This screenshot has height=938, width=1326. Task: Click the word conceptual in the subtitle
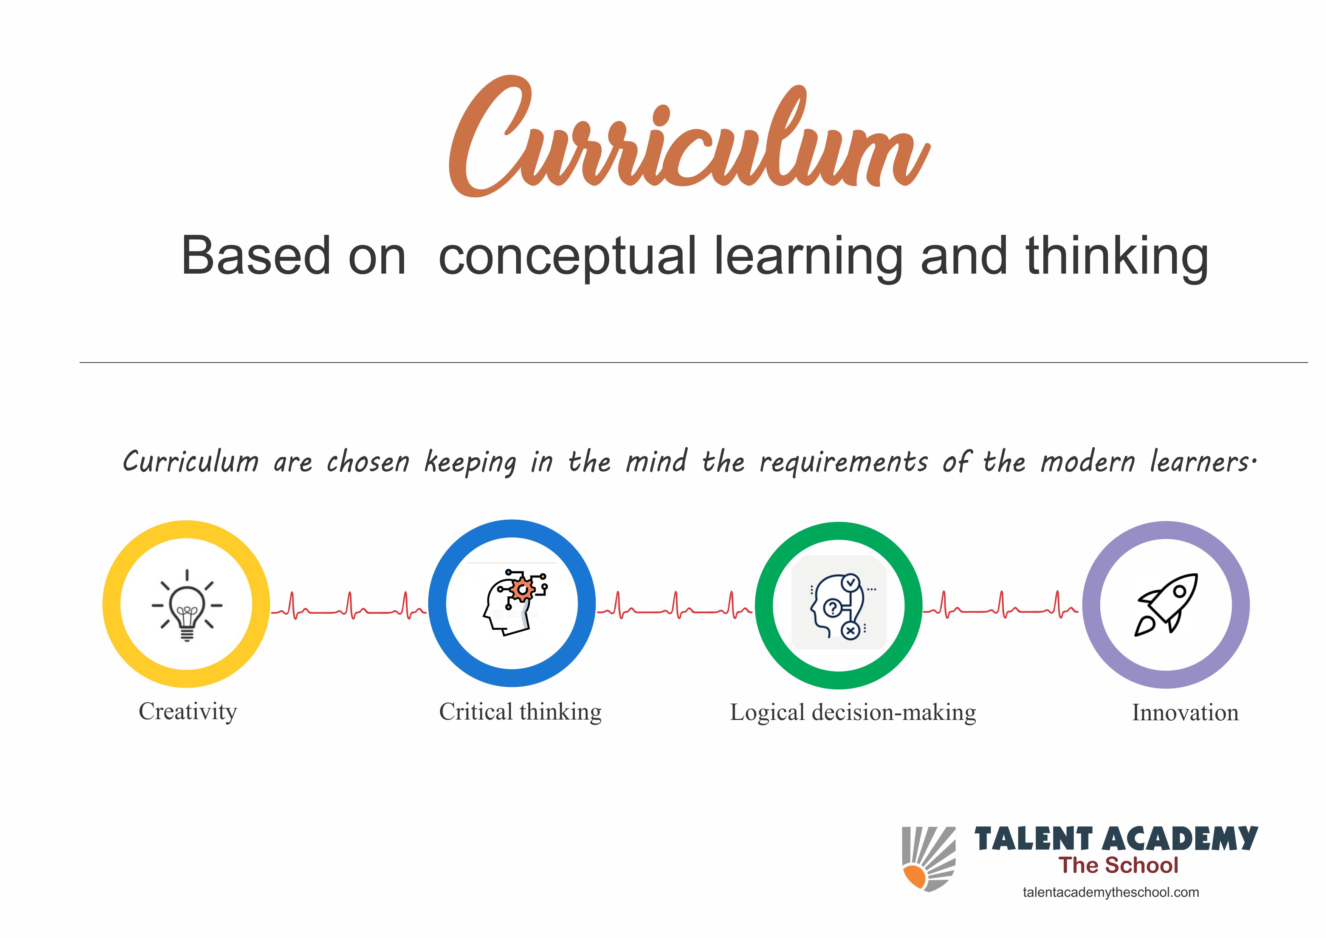tap(568, 258)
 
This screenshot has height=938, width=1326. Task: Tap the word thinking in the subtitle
tap(1117, 258)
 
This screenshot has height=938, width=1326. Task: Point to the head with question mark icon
tap(838, 605)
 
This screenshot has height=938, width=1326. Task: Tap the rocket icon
tap(1166, 605)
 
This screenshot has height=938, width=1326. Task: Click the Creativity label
tap(188, 712)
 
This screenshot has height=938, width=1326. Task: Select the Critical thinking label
tap(520, 712)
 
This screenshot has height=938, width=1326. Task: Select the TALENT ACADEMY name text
tap(1116, 839)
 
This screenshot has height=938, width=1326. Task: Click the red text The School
tap(1118, 865)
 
